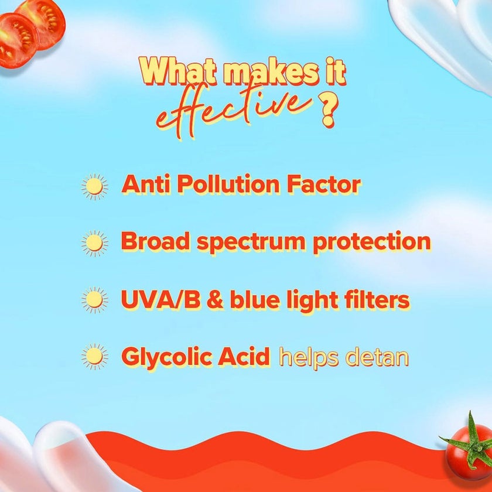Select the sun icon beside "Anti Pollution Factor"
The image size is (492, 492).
[x=94, y=186]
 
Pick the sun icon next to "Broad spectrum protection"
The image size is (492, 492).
[x=94, y=243]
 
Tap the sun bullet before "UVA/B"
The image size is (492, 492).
[x=94, y=300]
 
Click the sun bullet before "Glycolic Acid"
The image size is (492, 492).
[x=94, y=357]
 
